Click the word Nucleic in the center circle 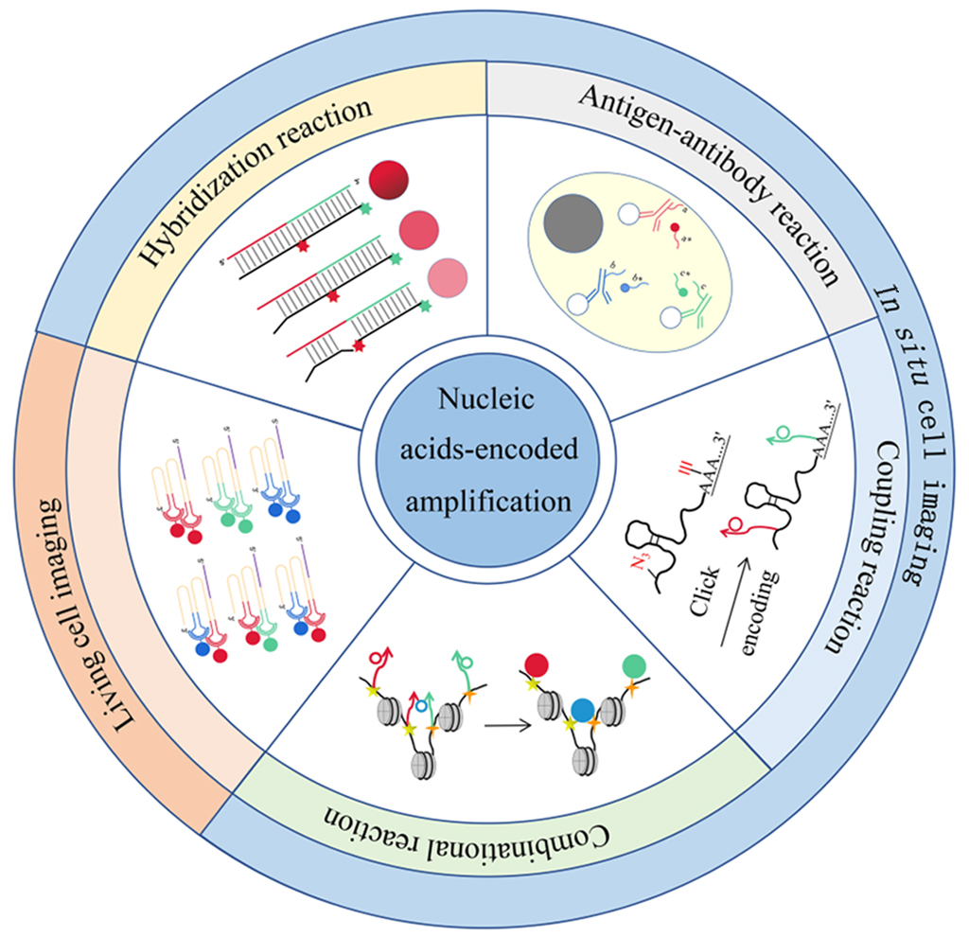(484, 399)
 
